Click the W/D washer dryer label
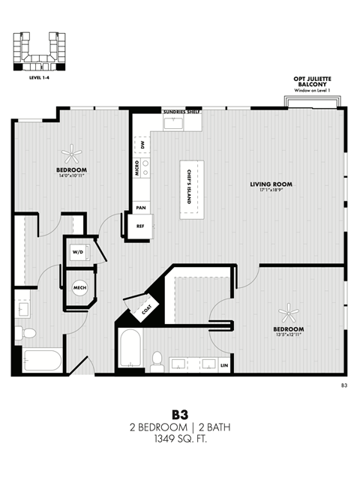(x=78, y=253)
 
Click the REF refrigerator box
(x=140, y=225)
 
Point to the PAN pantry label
(x=140, y=207)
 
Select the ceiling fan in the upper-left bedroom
(x=73, y=155)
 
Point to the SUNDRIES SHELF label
(x=181, y=112)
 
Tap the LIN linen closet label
(x=224, y=365)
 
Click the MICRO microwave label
(x=136, y=167)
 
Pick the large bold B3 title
(x=179, y=414)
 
